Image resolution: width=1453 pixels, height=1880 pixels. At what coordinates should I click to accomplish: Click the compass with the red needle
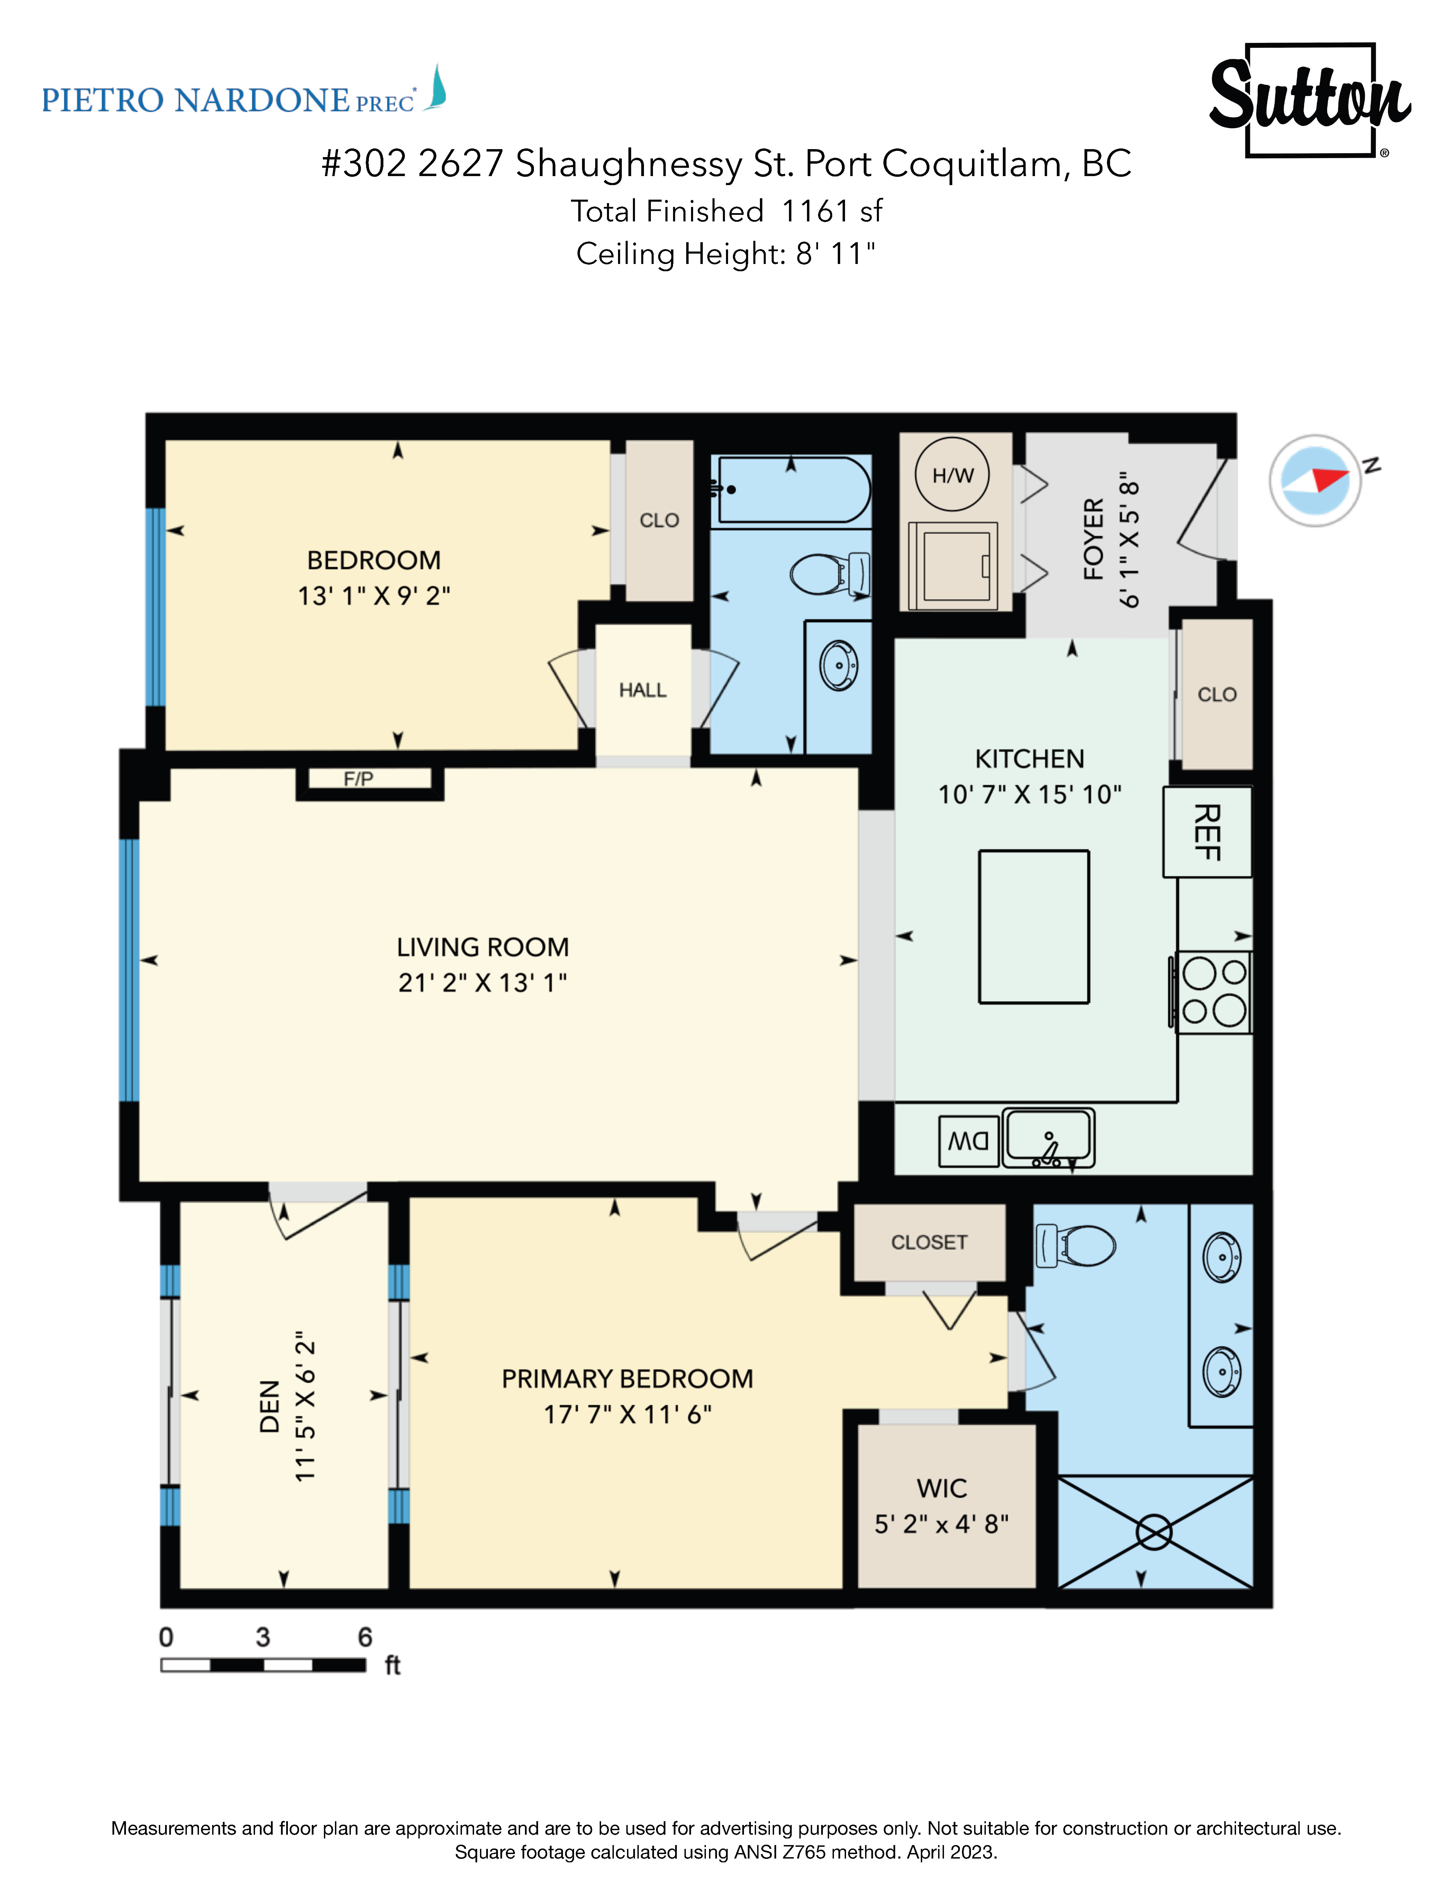[x=1315, y=480]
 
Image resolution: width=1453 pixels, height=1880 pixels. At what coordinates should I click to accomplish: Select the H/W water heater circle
[x=952, y=474]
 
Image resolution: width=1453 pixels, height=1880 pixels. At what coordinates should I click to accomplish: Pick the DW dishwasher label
[x=969, y=1141]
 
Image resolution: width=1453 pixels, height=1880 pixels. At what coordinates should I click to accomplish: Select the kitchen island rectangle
[x=1034, y=927]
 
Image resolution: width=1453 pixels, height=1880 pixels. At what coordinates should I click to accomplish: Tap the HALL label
[x=642, y=690]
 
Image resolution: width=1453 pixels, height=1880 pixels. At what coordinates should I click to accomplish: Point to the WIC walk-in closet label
[x=942, y=1488]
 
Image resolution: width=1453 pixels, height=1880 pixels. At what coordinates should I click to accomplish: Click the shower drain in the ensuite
[x=1153, y=1532]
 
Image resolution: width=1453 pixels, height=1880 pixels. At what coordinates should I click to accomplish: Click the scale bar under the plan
[x=263, y=1665]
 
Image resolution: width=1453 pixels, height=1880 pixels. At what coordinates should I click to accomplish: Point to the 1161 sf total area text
[x=832, y=211]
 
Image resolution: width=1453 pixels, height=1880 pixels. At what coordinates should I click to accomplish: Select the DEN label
[x=270, y=1407]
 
